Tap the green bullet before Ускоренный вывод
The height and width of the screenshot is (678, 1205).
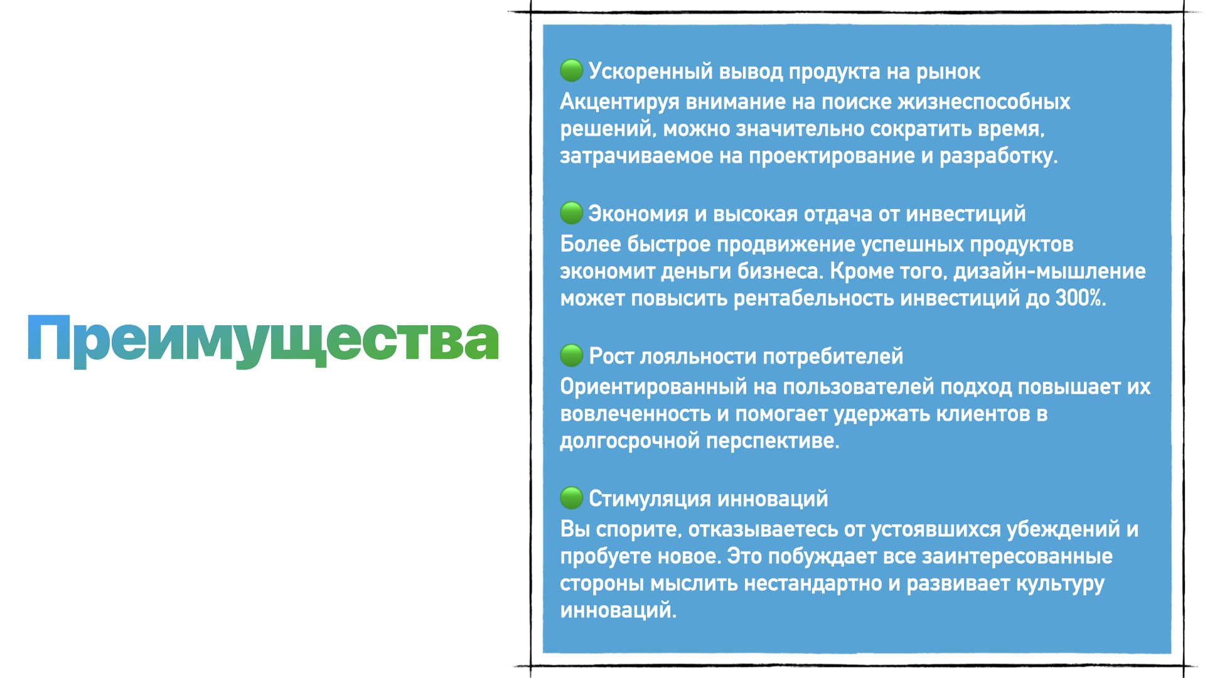click(571, 70)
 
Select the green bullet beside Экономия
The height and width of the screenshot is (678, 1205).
click(571, 213)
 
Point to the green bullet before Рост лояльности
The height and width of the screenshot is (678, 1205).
click(571, 355)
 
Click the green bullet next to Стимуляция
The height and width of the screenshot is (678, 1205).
click(571, 498)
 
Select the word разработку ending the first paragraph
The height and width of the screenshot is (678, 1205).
click(999, 156)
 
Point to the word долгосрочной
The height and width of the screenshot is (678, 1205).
click(629, 441)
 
